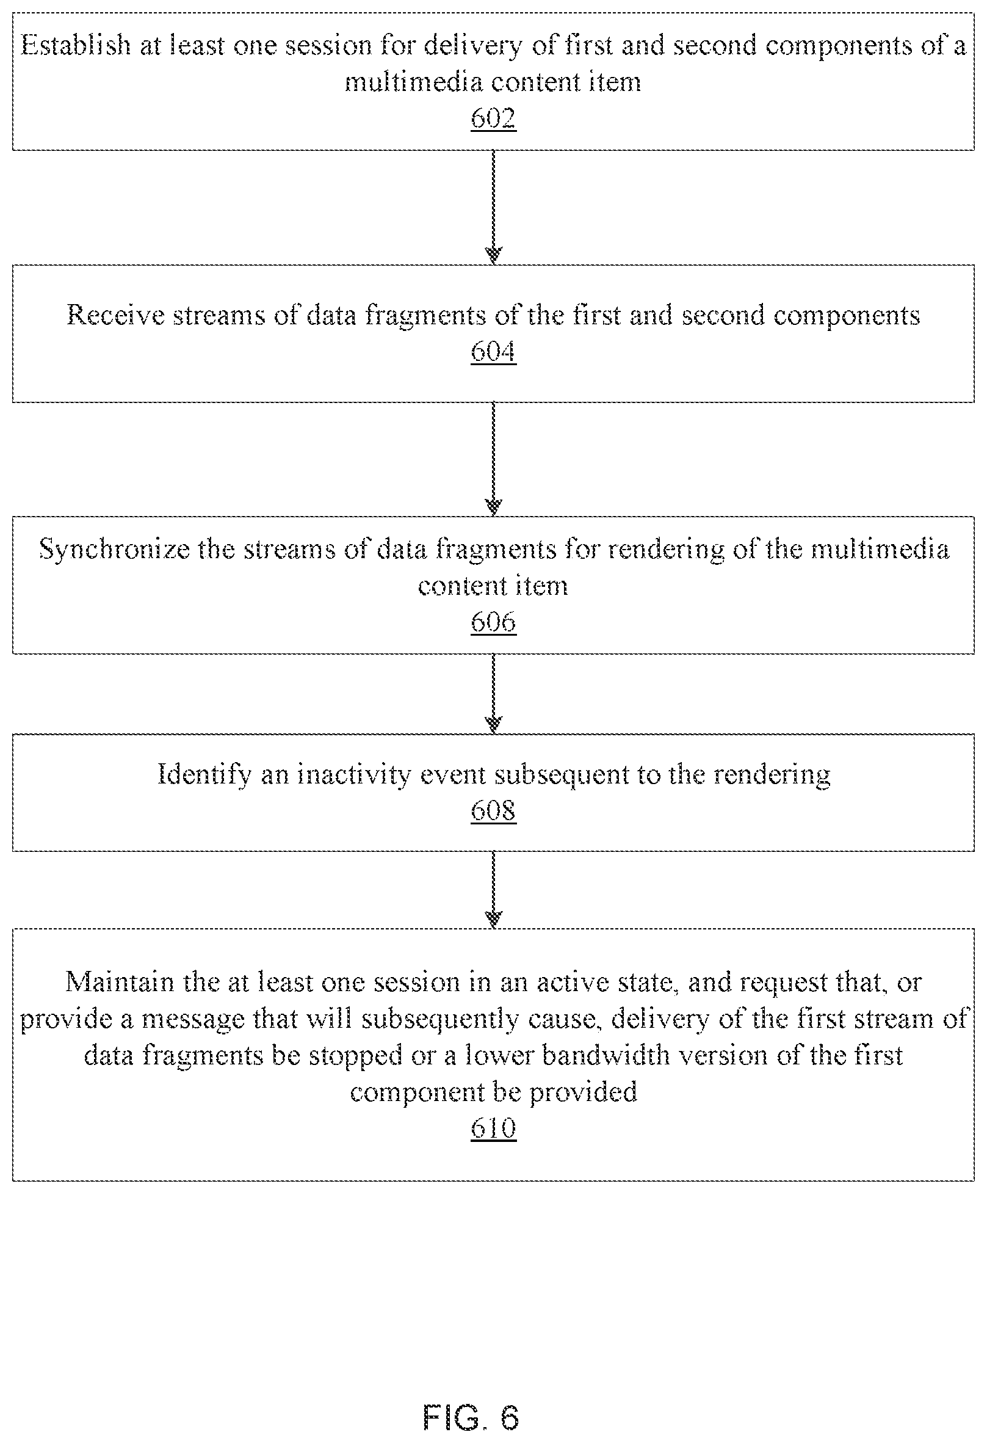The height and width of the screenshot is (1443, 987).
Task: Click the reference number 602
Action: coord(493,118)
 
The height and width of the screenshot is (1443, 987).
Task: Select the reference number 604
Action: coord(493,351)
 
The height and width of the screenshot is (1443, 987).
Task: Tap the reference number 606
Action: coord(493,622)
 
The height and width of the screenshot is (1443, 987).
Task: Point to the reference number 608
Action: coord(493,810)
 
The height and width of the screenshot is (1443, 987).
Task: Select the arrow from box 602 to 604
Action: coord(493,208)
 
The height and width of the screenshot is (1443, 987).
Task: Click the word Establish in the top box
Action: coord(76,45)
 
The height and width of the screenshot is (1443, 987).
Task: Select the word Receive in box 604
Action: coord(115,315)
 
